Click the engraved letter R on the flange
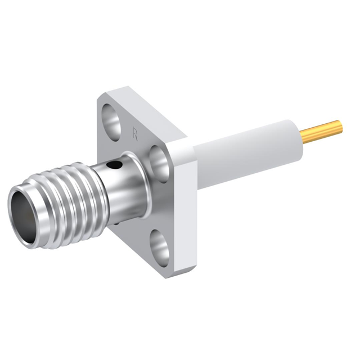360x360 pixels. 135,133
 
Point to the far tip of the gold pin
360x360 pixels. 340,125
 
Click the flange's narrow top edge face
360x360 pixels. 149,110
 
